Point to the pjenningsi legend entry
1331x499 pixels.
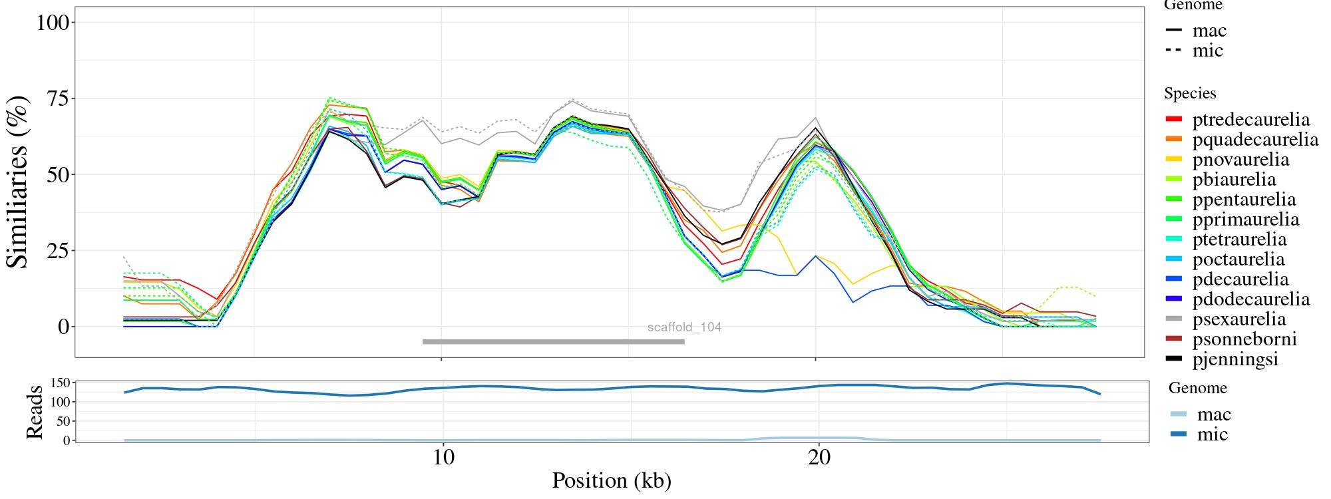pyautogui.click(x=1235, y=359)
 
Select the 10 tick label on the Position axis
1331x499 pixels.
pyautogui.click(x=443, y=458)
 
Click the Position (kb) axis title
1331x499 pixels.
pyautogui.click(x=611, y=480)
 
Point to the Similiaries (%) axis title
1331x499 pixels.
pyautogui.click(x=18, y=181)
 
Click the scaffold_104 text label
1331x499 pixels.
pyautogui.click(x=684, y=327)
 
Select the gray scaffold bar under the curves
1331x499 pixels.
pyautogui.click(x=553, y=342)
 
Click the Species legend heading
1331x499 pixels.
pyautogui.click(x=1190, y=93)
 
